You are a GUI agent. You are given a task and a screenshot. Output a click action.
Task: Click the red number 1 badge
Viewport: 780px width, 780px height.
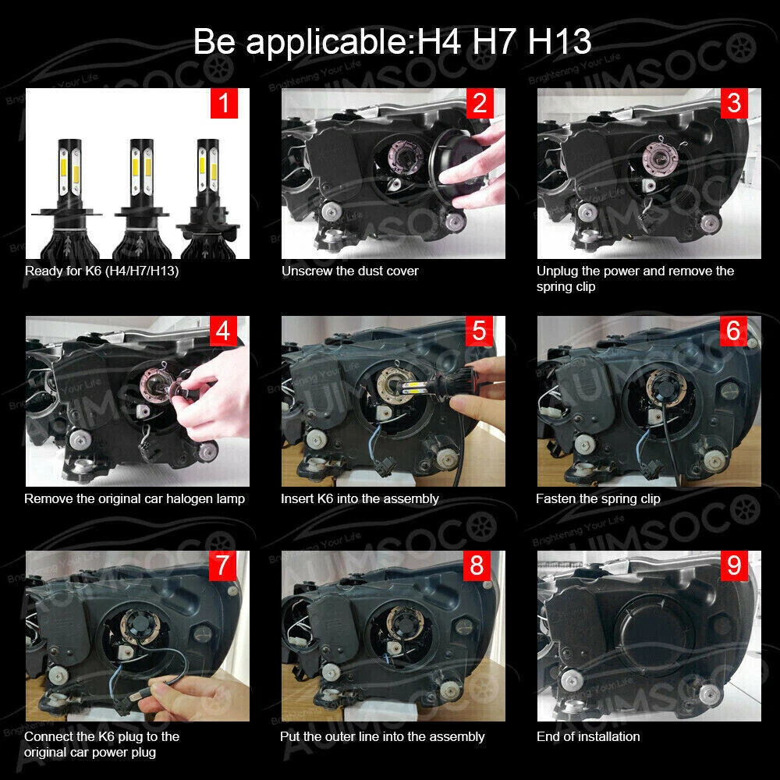coord(224,104)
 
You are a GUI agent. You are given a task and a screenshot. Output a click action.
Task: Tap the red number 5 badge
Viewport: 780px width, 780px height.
coord(479,331)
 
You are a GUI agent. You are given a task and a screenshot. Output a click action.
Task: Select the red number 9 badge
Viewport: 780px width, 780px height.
coord(734,565)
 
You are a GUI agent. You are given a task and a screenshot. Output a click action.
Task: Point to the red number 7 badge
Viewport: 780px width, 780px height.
coord(222,565)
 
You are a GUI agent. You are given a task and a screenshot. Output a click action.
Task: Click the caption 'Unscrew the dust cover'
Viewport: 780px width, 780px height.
coord(349,271)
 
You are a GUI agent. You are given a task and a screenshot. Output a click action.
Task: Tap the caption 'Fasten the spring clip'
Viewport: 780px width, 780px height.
coord(598,499)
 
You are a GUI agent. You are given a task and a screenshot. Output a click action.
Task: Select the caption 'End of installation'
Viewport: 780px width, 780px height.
coord(588,737)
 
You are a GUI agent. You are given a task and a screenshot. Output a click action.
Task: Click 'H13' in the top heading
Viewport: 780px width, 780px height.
coord(559,41)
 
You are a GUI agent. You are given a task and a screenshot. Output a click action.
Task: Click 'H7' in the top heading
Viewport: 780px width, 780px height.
coord(494,41)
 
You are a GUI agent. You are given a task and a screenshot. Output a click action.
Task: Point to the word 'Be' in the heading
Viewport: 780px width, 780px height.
coord(214,41)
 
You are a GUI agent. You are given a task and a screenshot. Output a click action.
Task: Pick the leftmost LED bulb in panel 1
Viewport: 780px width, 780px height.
coord(69,198)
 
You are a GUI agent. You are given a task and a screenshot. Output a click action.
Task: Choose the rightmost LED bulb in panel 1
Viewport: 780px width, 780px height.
coord(208,198)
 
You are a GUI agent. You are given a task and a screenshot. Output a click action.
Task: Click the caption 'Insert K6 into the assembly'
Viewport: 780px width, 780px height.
coord(360,499)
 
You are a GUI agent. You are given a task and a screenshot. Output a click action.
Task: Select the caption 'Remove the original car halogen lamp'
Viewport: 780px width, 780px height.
coord(134,499)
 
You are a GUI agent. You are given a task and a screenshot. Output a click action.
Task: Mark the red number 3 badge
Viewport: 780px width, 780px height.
coord(734,104)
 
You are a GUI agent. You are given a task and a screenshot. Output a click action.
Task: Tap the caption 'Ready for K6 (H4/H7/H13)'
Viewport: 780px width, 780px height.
coord(101,271)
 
